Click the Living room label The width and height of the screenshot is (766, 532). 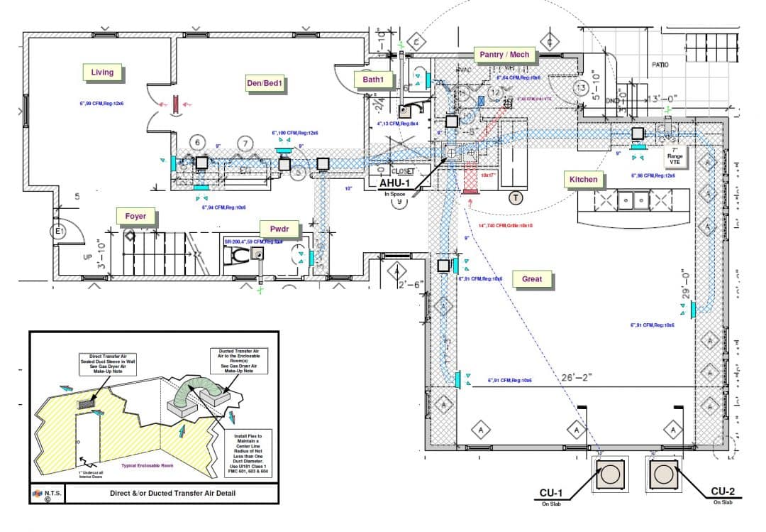pos(102,72)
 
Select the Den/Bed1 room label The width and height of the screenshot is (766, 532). pos(264,83)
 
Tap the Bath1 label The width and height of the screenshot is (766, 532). pos(373,80)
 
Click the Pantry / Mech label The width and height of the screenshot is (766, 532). pos(504,55)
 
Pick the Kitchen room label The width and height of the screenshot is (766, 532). pos(583,180)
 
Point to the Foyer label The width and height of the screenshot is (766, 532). pos(135,216)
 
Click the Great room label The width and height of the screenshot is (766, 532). pos(531,279)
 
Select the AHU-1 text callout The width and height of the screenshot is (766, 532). pos(401,183)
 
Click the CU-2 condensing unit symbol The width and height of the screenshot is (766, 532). pos(665,472)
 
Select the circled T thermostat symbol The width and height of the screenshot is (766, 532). pos(516,198)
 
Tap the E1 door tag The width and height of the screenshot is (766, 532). pos(57,232)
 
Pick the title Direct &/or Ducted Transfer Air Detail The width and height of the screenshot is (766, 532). pos(172,492)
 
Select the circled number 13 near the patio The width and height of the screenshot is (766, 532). pos(581,87)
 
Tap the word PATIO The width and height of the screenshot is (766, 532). pos(660,65)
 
